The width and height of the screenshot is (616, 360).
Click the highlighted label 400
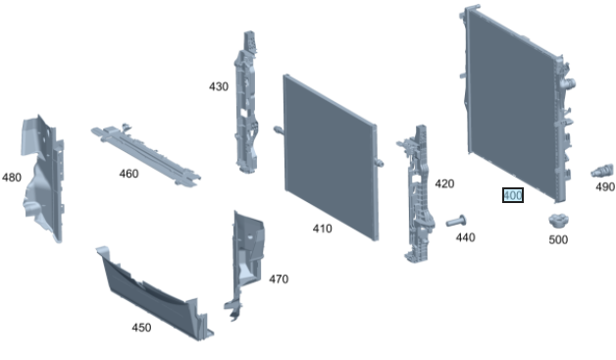click(513, 195)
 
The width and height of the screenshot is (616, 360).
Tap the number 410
click(322, 229)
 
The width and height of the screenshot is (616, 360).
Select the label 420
click(444, 183)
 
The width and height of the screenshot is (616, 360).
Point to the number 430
click(219, 86)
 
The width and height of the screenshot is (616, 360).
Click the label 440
click(466, 237)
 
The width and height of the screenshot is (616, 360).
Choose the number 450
click(141, 328)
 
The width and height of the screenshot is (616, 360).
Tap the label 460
click(128, 174)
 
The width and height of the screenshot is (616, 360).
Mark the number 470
click(279, 279)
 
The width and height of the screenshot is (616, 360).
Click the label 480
click(12, 178)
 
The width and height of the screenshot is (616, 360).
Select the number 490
click(605, 187)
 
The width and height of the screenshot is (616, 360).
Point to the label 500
click(558, 239)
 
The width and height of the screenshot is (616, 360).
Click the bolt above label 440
click(456, 222)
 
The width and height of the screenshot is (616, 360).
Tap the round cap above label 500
click(559, 221)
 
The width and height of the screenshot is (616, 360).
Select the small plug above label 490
click(602, 170)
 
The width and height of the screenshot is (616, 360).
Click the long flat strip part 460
click(146, 155)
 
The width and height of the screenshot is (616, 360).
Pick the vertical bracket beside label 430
click(246, 103)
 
